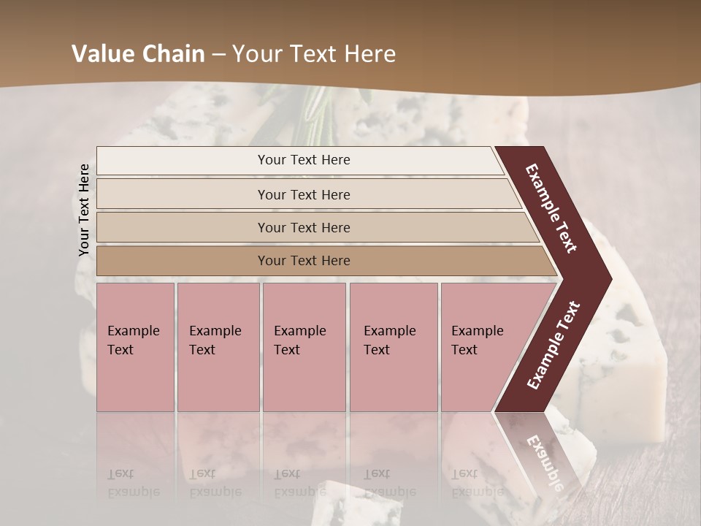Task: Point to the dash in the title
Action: click(218, 55)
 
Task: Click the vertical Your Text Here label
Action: click(84, 210)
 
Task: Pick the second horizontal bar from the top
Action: click(303, 194)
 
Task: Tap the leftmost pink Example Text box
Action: click(135, 347)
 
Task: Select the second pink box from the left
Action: click(218, 347)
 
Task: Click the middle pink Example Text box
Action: click(304, 347)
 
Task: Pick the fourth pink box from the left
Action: click(393, 347)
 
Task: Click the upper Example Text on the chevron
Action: click(551, 208)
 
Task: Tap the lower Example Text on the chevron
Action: click(553, 346)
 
